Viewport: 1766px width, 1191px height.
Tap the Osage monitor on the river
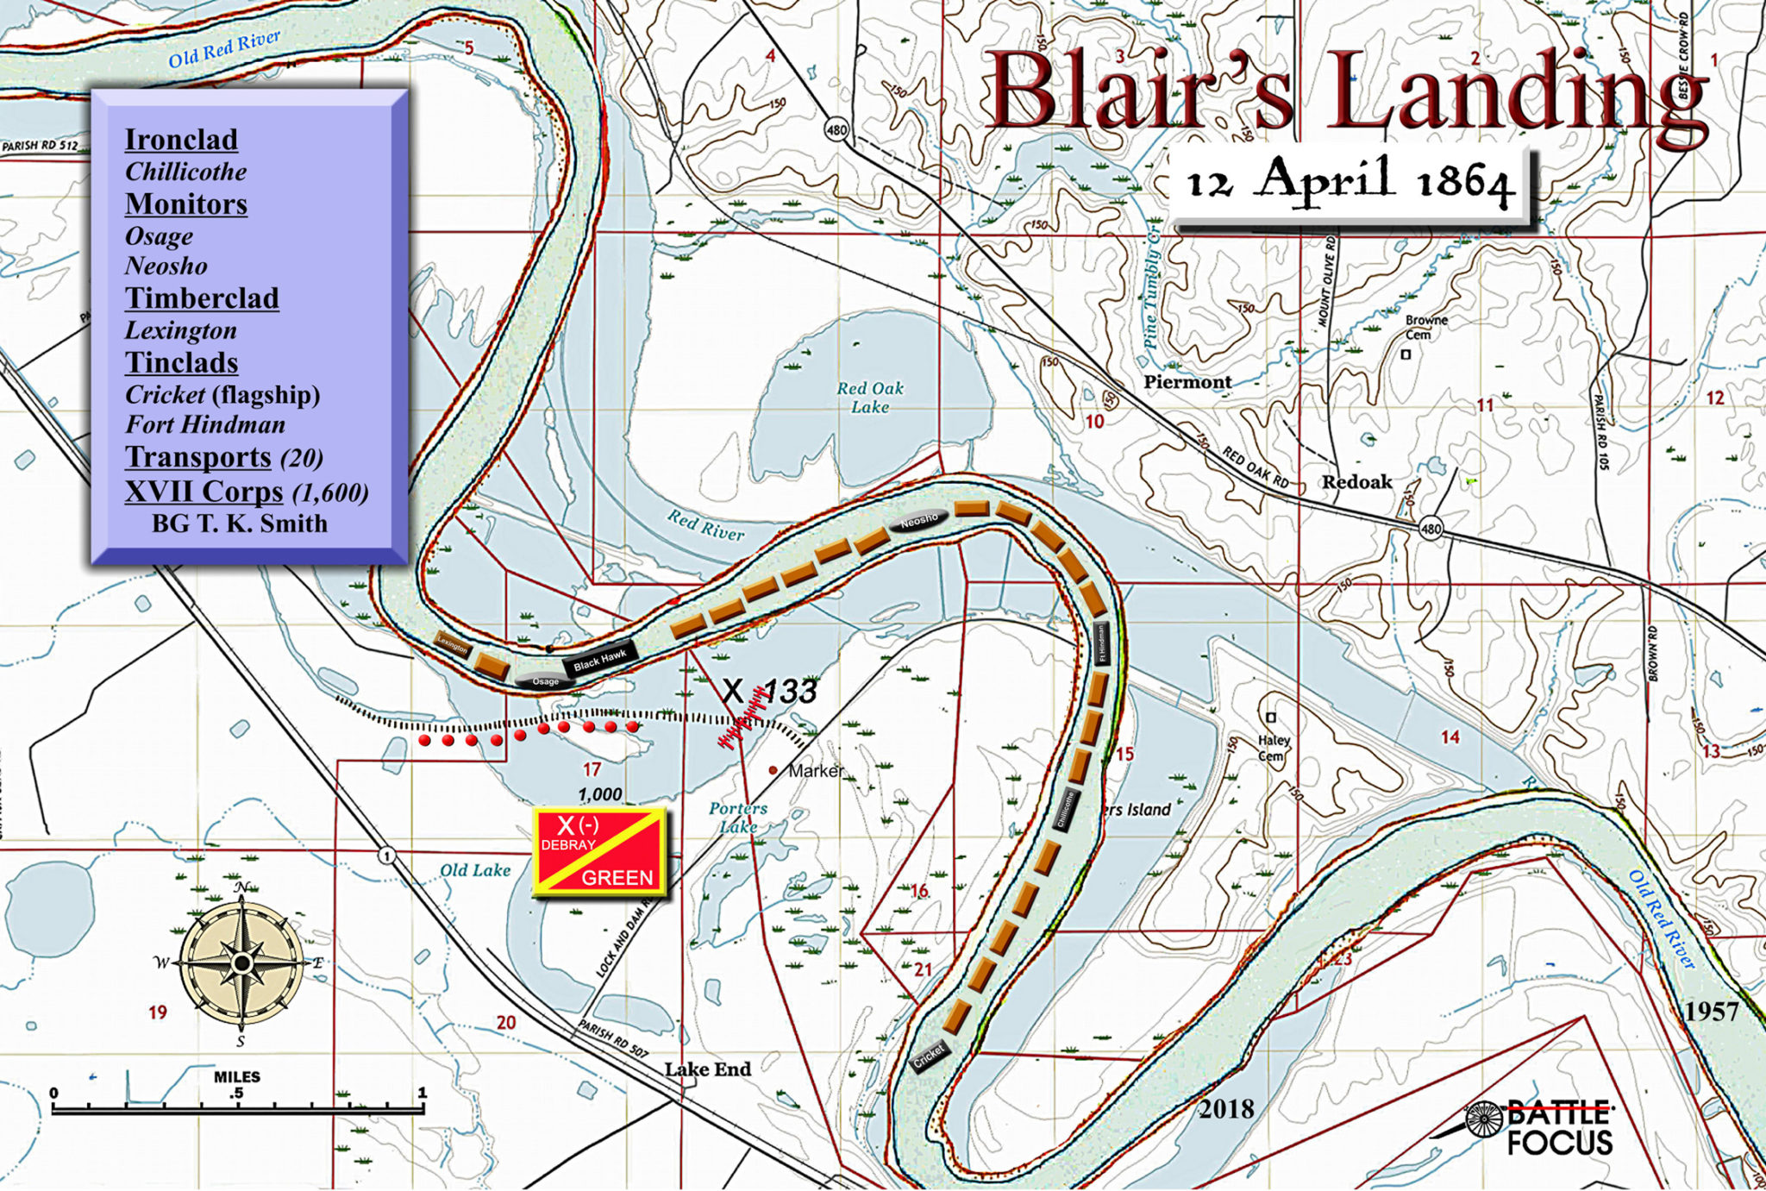545,681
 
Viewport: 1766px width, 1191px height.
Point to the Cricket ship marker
930,1056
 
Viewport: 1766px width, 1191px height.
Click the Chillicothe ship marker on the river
1066,810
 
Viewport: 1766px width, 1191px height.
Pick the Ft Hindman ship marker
1100,643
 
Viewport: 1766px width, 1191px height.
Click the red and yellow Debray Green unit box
600,852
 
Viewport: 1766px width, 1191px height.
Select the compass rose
242,962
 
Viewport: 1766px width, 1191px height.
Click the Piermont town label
1187,382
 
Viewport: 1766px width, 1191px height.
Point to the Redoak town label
1356,482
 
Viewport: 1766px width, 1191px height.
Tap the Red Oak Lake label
869,398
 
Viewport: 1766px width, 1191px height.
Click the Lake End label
707,1069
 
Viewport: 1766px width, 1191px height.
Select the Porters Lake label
738,817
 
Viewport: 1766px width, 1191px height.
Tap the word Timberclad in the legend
202,298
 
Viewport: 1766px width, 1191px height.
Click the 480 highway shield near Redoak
1431,529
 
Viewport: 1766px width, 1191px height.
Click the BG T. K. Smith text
239,523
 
